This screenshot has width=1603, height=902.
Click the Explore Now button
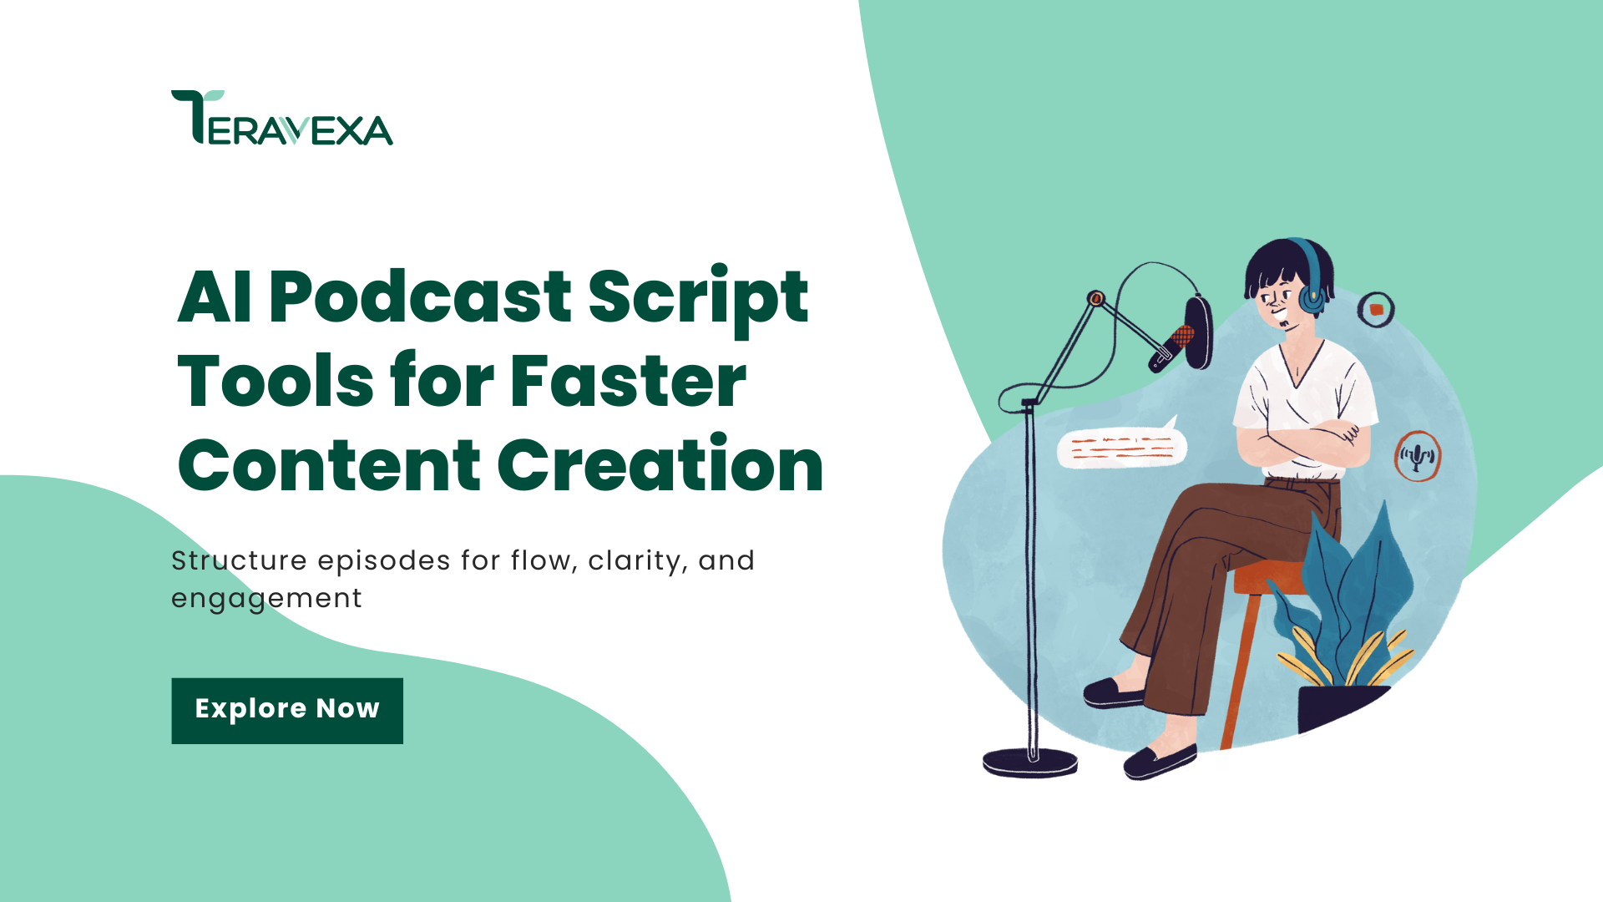point(287,711)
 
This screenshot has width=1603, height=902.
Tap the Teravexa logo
point(282,118)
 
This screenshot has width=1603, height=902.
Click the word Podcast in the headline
point(420,296)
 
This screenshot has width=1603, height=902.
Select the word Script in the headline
point(699,301)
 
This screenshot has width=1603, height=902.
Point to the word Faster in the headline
point(628,381)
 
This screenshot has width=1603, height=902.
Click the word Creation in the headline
point(661,464)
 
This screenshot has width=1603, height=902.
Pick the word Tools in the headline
point(276,381)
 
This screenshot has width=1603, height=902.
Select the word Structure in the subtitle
point(239,560)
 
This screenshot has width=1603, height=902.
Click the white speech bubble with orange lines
point(1121,446)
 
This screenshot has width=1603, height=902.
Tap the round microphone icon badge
point(1418,456)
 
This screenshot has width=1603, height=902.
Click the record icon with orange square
point(1376,310)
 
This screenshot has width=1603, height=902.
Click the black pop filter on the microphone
point(1199,332)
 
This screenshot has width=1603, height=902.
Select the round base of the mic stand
point(1030,763)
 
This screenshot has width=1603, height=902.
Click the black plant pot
point(1341,708)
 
